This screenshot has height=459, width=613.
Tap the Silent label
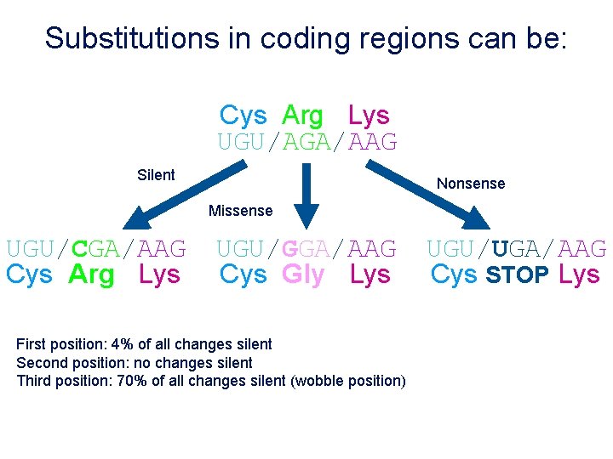pyautogui.click(x=156, y=175)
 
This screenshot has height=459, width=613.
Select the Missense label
pyautogui.click(x=241, y=211)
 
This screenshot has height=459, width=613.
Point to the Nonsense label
pyautogui.click(x=471, y=184)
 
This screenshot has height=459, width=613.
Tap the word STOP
pyautogui.click(x=518, y=275)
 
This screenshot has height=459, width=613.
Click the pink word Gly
pyautogui.click(x=303, y=275)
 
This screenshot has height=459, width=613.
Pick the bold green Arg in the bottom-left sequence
pyautogui.click(x=91, y=275)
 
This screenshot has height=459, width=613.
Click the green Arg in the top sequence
pyautogui.click(x=302, y=116)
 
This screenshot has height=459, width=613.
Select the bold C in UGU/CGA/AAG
pyautogui.click(x=80, y=249)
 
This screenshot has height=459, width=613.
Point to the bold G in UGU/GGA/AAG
pyautogui.click(x=289, y=249)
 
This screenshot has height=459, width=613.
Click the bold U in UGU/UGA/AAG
pyautogui.click(x=501, y=249)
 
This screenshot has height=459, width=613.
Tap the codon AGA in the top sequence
pyautogui.click(x=306, y=143)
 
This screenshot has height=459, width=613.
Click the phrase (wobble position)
pyautogui.click(x=348, y=380)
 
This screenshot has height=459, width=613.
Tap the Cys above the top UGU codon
pyautogui.click(x=243, y=116)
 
